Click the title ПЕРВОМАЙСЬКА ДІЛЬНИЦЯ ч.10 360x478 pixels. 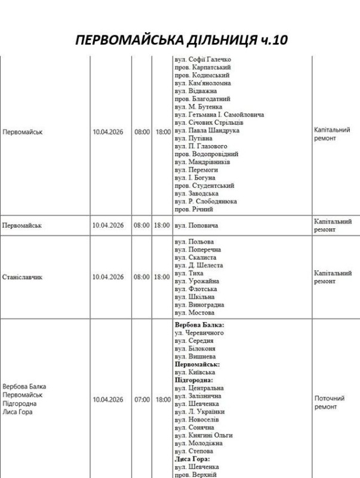180,40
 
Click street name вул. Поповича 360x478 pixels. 196,228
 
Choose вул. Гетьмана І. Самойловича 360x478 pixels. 219,114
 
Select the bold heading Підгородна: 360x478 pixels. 193,379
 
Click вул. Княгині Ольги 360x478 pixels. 204,436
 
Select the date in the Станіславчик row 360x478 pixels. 108,277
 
